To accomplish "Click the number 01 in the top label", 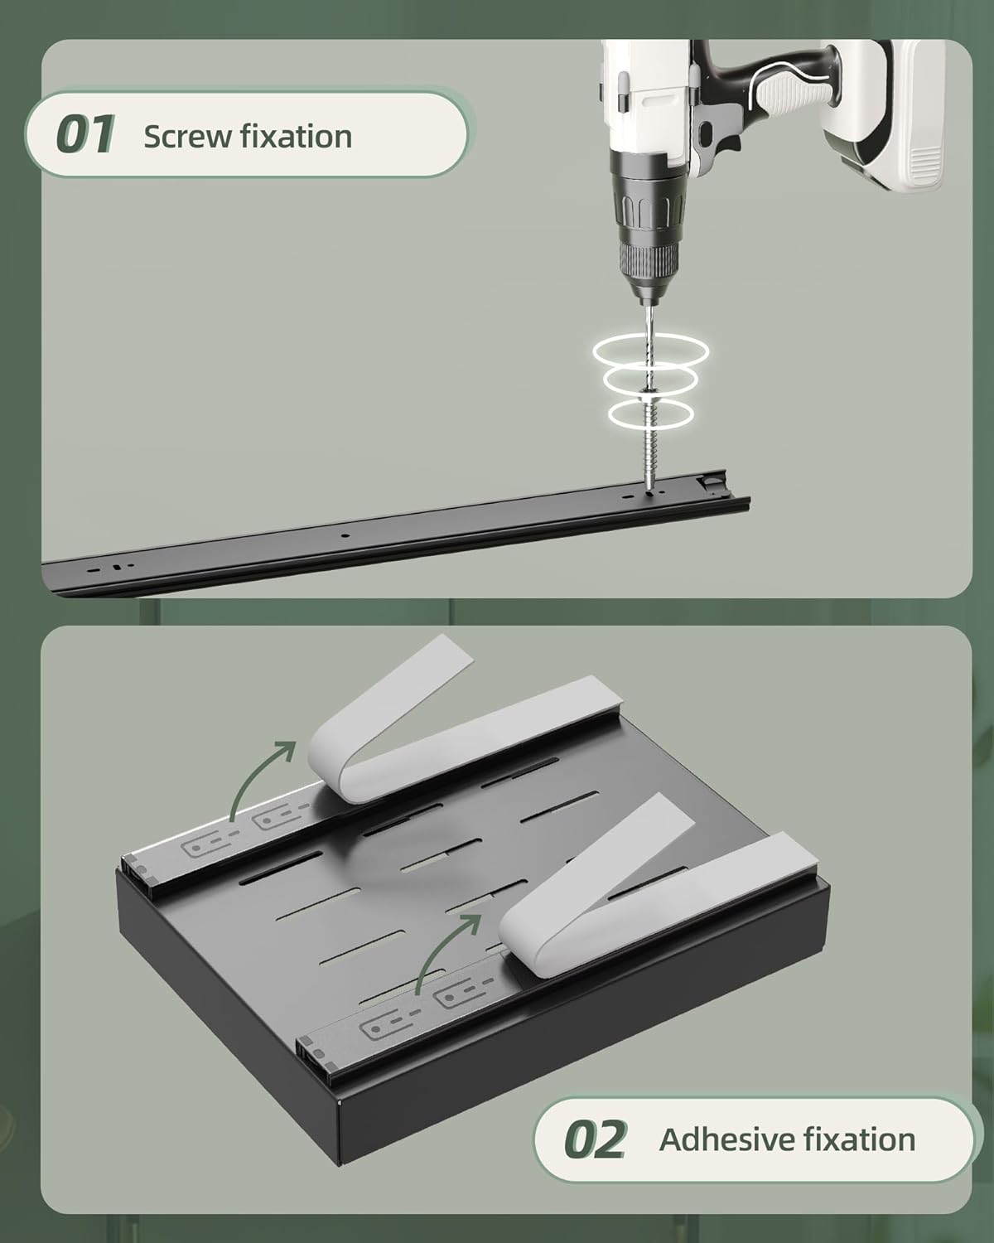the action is pos(84,135).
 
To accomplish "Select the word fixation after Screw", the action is pos(296,136).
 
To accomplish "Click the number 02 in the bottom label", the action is pos(595,1139).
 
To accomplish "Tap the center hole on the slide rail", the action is pos(345,535).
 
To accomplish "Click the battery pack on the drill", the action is pos(884,115).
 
